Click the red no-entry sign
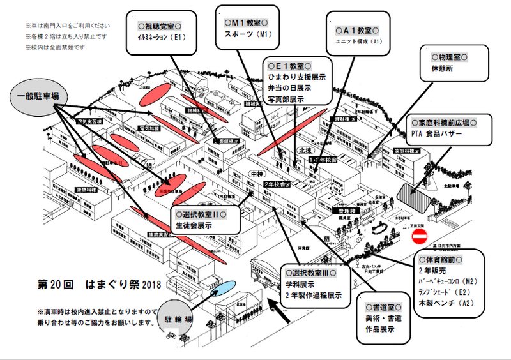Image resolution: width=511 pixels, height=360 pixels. click(x=420, y=237)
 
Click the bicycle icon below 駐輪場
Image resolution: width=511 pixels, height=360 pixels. click(x=171, y=334)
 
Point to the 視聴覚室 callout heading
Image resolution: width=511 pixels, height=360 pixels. click(x=161, y=26)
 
